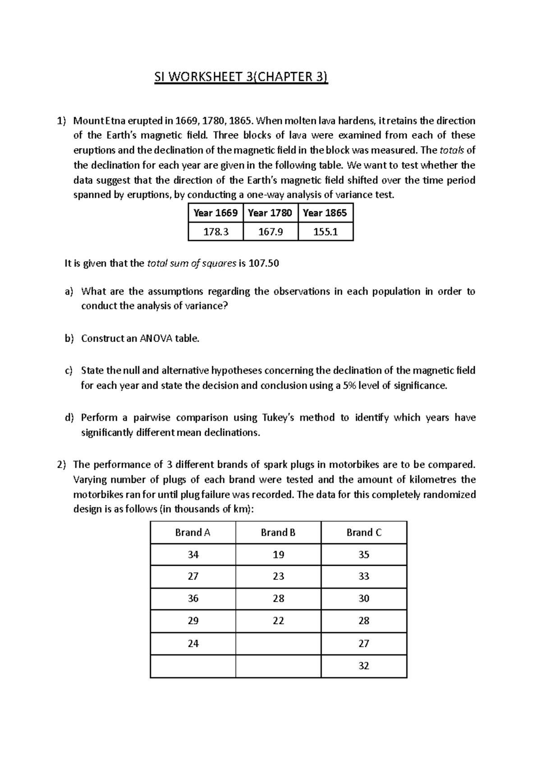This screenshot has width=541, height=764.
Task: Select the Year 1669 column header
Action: pyautogui.click(x=215, y=213)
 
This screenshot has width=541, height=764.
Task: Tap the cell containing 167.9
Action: pyautogui.click(x=270, y=232)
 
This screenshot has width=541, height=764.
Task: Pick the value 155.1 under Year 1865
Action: pyautogui.click(x=326, y=232)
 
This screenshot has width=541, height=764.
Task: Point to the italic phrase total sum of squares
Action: pyautogui.click(x=192, y=264)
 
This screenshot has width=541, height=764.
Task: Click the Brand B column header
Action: pyautogui.click(x=278, y=532)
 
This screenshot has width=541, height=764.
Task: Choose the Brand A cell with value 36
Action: pyautogui.click(x=193, y=599)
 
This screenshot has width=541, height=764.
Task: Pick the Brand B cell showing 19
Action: pyautogui.click(x=278, y=555)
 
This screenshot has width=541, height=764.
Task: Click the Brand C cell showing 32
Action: pyautogui.click(x=364, y=666)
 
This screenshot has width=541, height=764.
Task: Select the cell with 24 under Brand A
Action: pyautogui.click(x=193, y=643)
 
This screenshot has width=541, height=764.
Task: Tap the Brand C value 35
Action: pyautogui.click(x=364, y=555)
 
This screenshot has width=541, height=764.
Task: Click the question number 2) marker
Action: pyautogui.click(x=61, y=464)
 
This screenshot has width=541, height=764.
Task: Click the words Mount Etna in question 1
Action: pyautogui.click(x=95, y=121)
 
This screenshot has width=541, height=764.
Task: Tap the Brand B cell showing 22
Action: pyautogui.click(x=278, y=621)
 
